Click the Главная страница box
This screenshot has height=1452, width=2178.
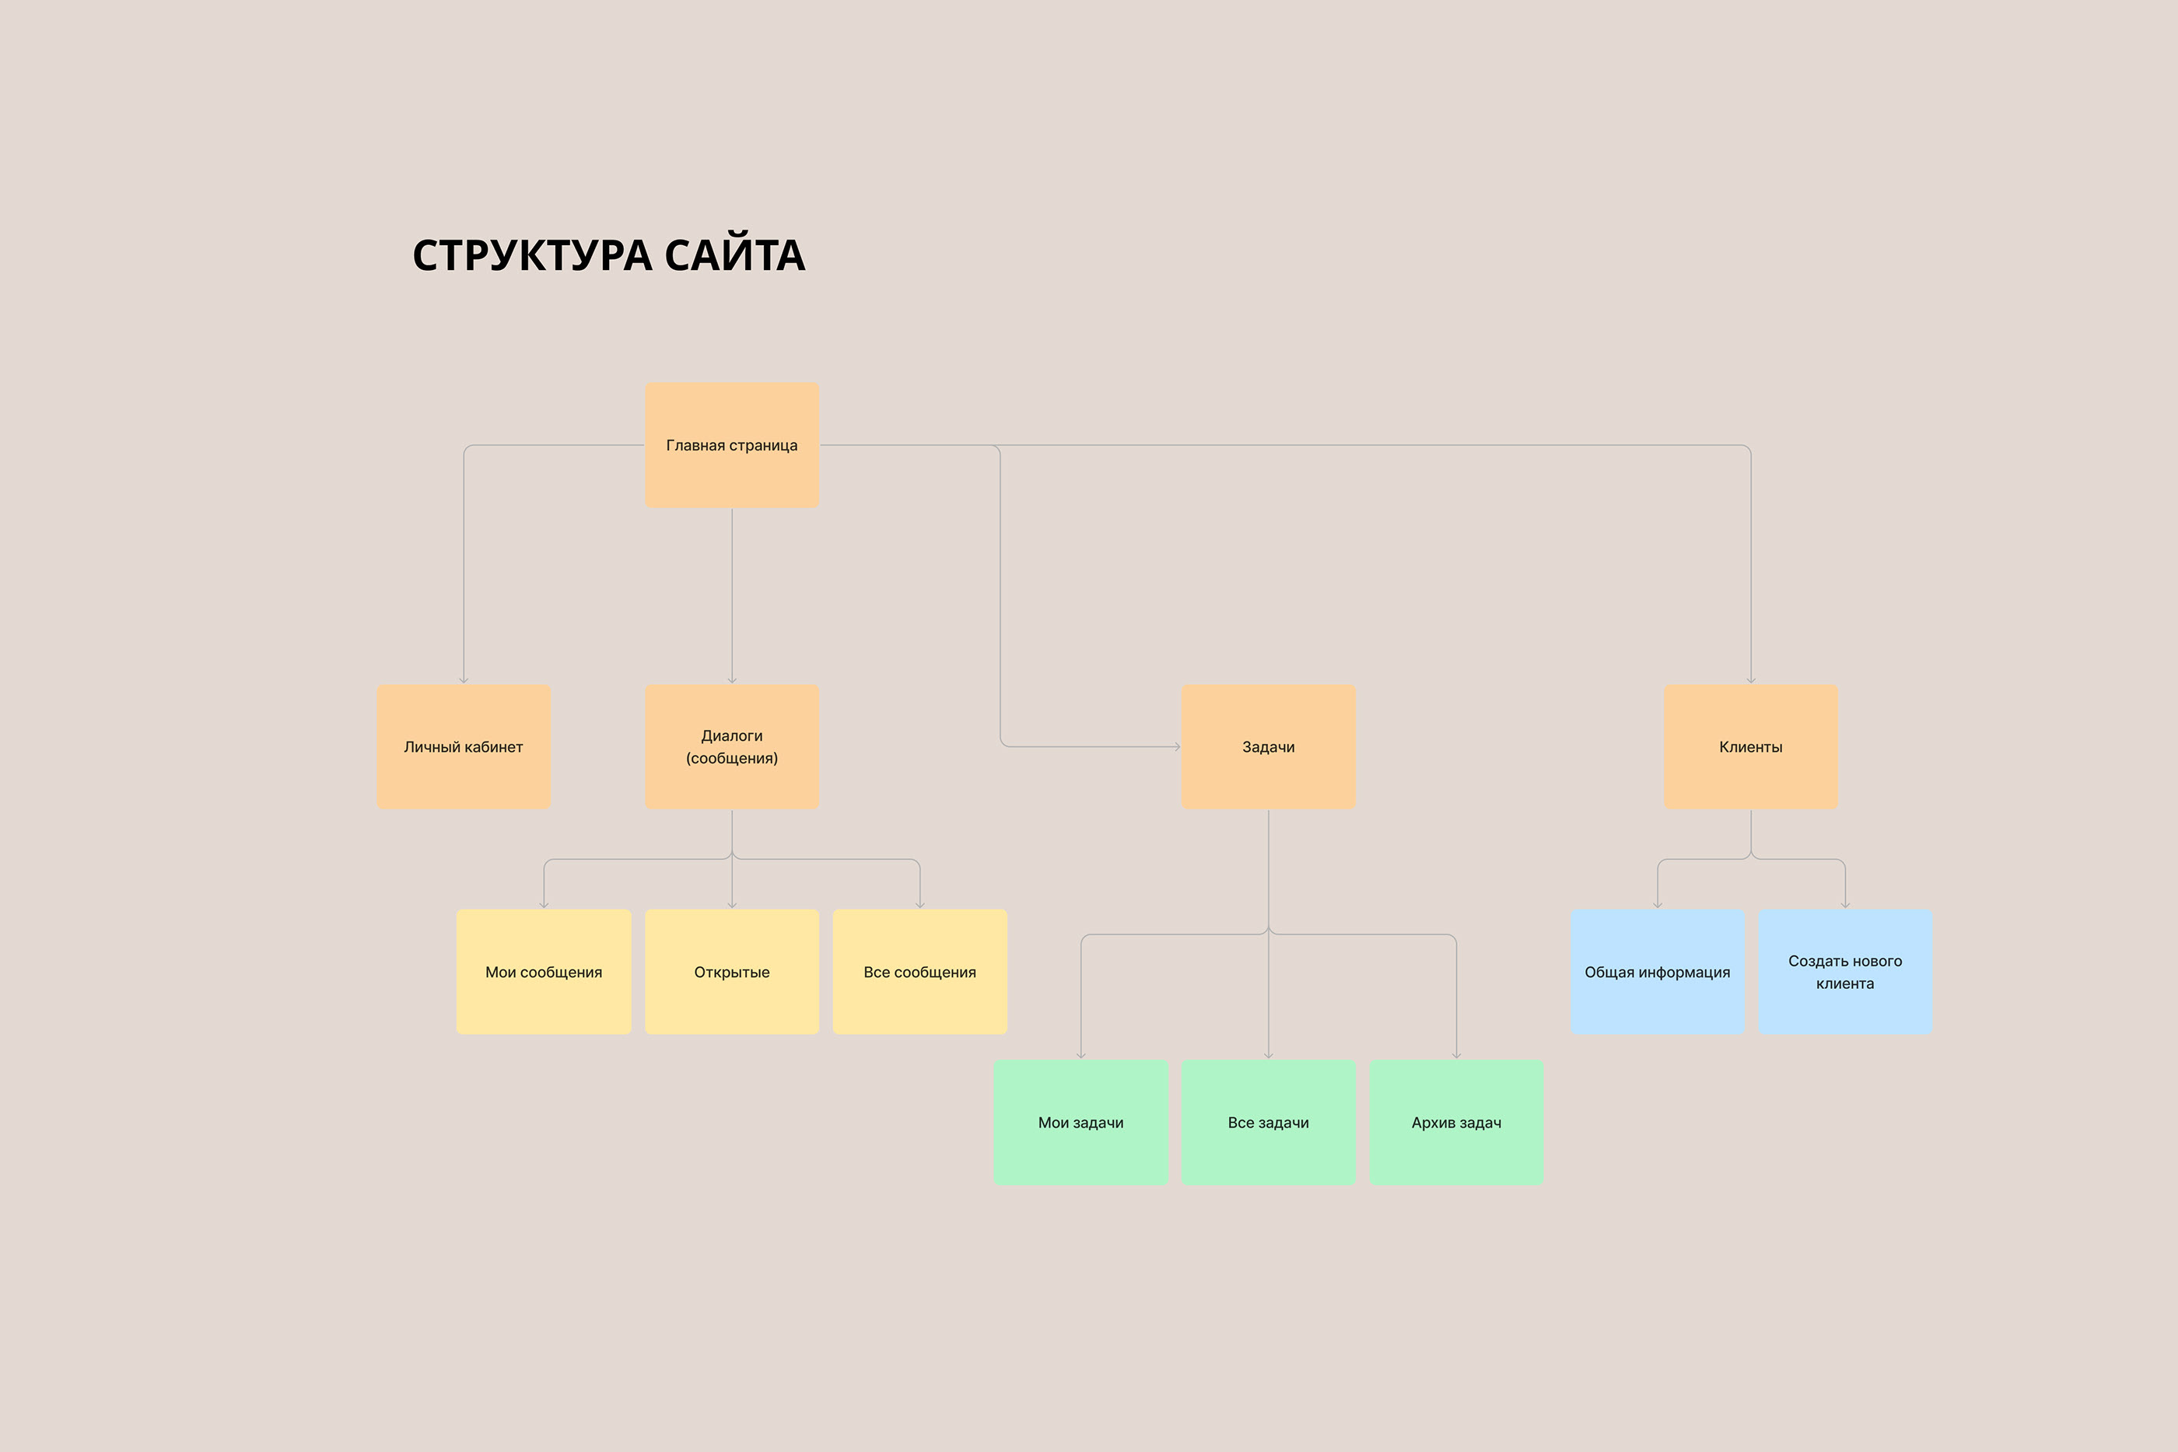[731, 444]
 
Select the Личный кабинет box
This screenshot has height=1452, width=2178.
[464, 746]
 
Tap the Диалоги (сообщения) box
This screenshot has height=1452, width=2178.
[731, 746]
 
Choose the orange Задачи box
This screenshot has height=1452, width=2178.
[1268, 746]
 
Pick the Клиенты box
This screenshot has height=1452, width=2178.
[1750, 746]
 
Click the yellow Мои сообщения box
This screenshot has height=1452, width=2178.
[544, 971]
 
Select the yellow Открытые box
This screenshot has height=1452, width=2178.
[731, 971]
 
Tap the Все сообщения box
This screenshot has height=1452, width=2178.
[919, 971]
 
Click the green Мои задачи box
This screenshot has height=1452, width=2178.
[1081, 1122]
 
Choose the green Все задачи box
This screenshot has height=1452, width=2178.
[1268, 1122]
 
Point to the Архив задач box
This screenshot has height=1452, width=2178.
[1456, 1122]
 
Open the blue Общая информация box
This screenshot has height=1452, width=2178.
[1657, 971]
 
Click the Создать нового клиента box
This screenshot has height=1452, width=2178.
[1845, 971]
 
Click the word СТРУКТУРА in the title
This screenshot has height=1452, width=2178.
[532, 255]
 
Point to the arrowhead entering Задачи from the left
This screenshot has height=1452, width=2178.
[1178, 746]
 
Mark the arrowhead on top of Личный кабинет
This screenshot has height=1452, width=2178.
[464, 681]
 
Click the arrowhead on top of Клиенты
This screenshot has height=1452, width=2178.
[1750, 681]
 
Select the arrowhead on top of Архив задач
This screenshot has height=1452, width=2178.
[1456, 1056]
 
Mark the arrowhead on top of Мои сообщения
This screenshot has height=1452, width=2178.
[544, 906]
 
